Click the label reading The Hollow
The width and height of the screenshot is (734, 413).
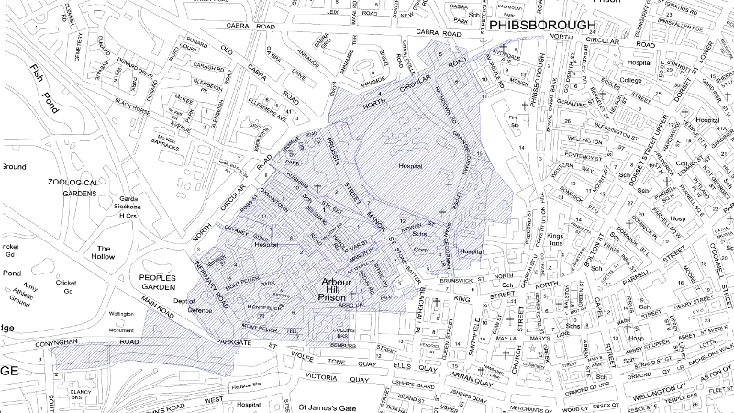coord(104,254)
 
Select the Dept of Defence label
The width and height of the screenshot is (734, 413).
coord(186,307)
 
